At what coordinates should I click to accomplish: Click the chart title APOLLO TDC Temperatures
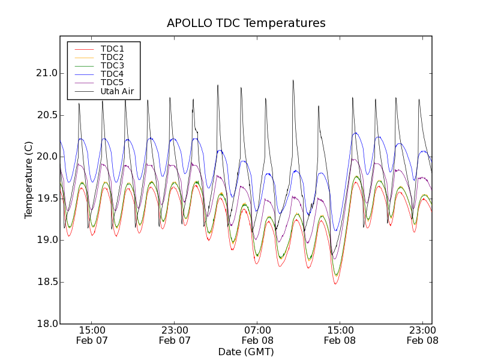tap(246, 23)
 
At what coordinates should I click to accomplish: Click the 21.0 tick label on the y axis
tap(47, 73)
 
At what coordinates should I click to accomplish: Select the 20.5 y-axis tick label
tap(47, 115)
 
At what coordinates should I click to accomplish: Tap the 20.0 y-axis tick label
tap(47, 157)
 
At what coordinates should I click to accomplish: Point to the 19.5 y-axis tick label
tap(47, 198)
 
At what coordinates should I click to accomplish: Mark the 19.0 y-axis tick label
tap(47, 240)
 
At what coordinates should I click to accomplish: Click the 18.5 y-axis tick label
tap(47, 281)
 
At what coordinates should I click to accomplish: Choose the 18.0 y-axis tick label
tap(47, 323)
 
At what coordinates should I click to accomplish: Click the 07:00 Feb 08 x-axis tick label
tap(257, 335)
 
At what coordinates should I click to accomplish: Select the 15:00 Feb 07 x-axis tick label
tap(92, 335)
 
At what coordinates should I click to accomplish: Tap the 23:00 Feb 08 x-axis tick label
tap(422, 335)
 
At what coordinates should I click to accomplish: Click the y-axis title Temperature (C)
tap(29, 180)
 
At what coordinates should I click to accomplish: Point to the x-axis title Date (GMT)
tap(246, 352)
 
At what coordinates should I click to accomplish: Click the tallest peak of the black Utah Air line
tap(293, 80)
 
